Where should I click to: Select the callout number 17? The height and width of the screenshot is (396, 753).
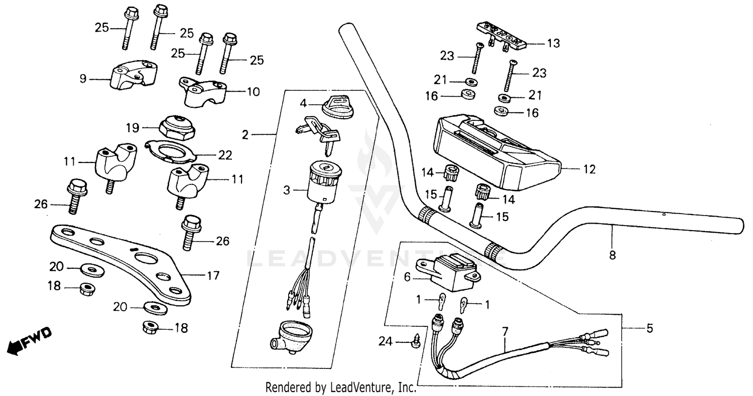pos(213,275)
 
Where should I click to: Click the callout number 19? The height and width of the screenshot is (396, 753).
pos(132,128)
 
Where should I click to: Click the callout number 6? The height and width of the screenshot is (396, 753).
pos(407,276)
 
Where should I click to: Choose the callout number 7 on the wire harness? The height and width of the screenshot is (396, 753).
pos(505,331)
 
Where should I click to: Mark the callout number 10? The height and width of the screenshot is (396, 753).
pos(253,92)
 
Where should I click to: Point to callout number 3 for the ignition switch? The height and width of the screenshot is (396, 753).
pos(286,190)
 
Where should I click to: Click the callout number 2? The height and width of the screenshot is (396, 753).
pos(245,134)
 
